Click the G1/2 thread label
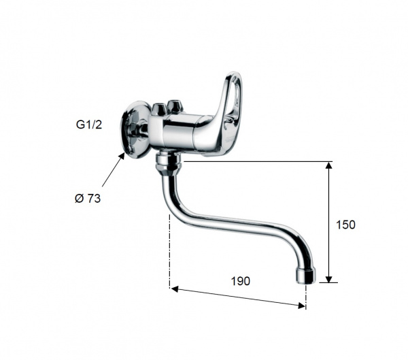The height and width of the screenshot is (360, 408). (88, 125)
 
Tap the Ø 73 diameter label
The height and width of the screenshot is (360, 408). (88, 199)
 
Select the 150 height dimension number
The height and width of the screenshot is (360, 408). (345, 225)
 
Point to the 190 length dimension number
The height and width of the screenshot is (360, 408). (241, 281)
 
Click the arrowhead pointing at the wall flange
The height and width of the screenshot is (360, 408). (122, 157)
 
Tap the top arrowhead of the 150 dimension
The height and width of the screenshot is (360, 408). (329, 165)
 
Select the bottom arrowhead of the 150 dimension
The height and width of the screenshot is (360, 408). (329, 279)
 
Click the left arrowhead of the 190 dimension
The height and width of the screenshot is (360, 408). (175, 289)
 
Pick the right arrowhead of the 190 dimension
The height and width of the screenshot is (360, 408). (301, 306)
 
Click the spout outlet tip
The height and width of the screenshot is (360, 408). (306, 277)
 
